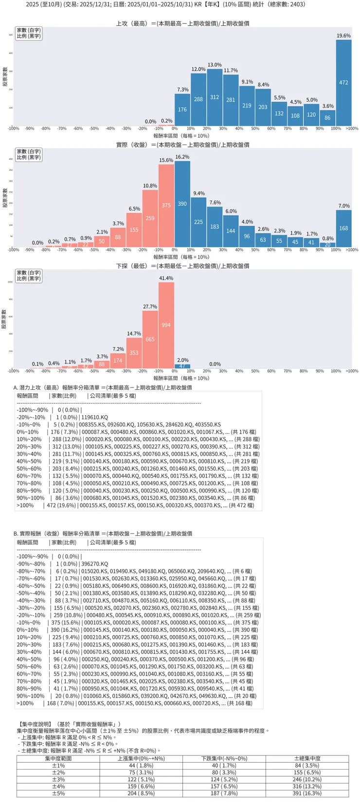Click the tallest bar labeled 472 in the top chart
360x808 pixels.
[343, 83]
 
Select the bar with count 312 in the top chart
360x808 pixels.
[215, 97]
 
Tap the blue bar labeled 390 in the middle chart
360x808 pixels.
[182, 204]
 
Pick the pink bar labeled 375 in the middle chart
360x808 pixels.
[166, 205]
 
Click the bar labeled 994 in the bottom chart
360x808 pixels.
[166, 325]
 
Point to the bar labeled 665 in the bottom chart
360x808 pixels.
[150, 339]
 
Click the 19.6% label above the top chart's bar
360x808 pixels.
[343, 36]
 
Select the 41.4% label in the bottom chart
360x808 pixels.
[166, 278]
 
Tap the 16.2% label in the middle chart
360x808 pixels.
[182, 157]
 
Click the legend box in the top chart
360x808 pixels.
[29, 33]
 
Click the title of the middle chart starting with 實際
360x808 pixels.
[182, 145]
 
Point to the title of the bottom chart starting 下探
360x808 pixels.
[182, 266]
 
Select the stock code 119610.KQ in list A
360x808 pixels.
[94, 417]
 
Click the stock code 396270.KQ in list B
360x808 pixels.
[94, 564]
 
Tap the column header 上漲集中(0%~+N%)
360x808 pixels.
[141, 758]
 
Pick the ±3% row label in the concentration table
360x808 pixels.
[58, 779]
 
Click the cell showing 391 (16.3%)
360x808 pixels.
[307, 793]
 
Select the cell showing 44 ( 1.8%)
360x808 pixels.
[141, 766]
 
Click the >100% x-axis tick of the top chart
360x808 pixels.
[352, 129]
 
